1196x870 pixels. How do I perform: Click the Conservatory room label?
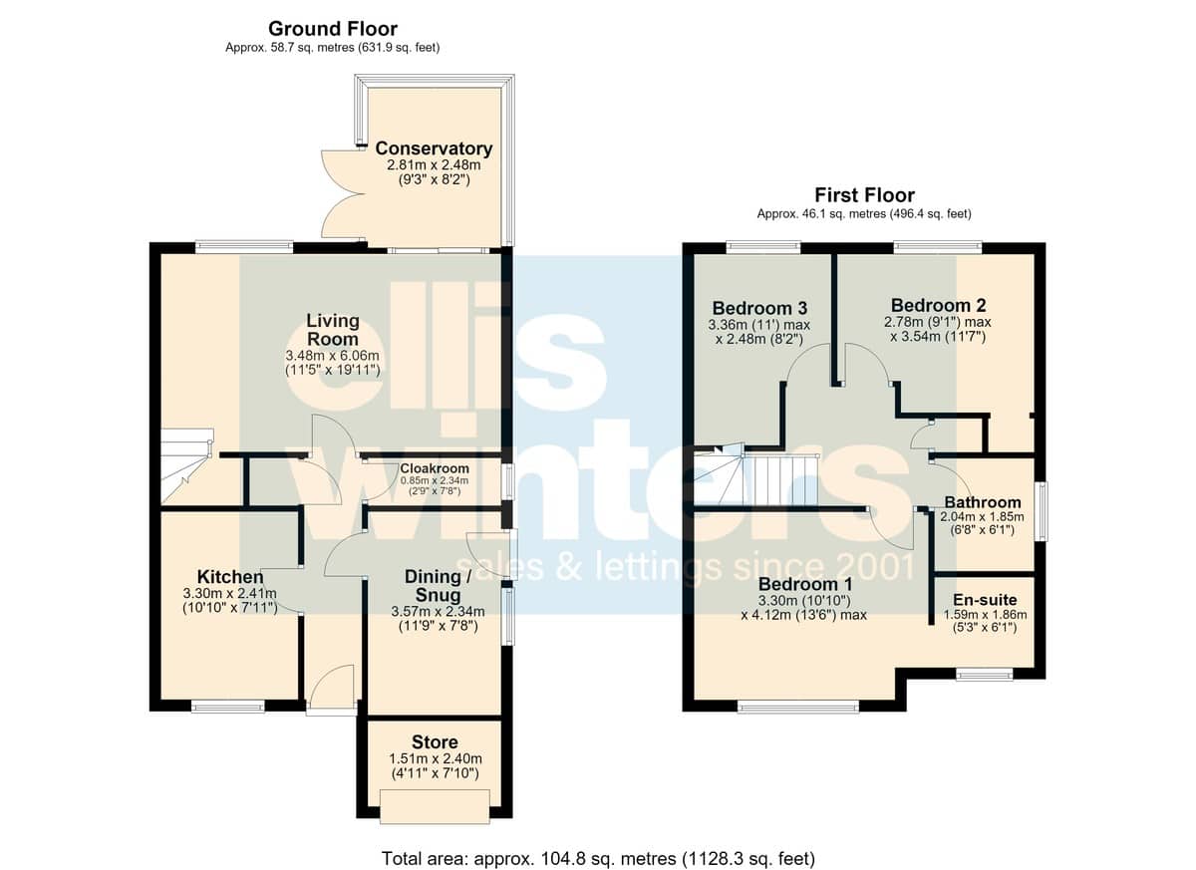click(434, 148)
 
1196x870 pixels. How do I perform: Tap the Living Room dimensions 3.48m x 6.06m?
click(333, 356)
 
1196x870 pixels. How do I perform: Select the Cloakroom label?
click(435, 468)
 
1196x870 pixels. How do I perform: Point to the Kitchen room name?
click(230, 577)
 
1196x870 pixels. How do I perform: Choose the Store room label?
click(435, 741)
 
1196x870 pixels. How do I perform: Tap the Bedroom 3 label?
click(759, 308)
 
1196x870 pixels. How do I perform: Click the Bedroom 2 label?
click(938, 305)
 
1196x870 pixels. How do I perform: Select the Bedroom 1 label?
click(805, 583)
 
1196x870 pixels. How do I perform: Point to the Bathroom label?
click(983, 502)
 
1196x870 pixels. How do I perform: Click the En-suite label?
click(985, 599)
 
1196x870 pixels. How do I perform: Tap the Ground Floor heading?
click(333, 28)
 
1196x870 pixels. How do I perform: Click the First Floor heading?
click(864, 194)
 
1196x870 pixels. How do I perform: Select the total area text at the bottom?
click(598, 843)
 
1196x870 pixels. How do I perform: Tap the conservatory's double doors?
click(342, 193)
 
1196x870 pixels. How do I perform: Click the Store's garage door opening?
click(436, 806)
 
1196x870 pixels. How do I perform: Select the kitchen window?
click(228, 707)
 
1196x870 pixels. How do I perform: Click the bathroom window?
click(1042, 511)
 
